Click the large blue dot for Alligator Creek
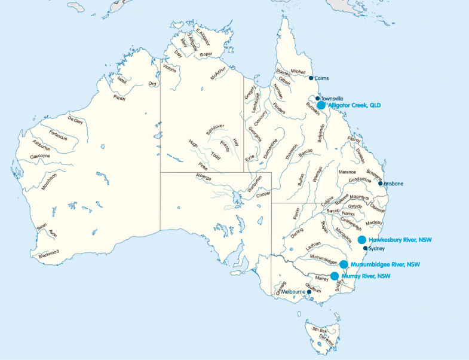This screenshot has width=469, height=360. click(321, 105)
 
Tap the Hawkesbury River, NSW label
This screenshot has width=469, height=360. click(400, 240)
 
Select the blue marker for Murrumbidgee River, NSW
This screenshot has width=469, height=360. click(344, 264)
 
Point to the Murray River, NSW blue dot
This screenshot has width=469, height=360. click(335, 276)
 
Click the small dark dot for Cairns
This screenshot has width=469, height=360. click(311, 78)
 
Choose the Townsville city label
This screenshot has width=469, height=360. click(332, 98)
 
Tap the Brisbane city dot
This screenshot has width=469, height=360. click(381, 184)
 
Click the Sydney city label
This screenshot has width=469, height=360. click(377, 248)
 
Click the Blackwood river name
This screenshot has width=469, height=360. click(49, 254)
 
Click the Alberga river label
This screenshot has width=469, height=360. click(205, 176)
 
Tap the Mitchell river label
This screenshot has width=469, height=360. click(298, 72)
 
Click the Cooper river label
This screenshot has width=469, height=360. click(263, 194)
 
